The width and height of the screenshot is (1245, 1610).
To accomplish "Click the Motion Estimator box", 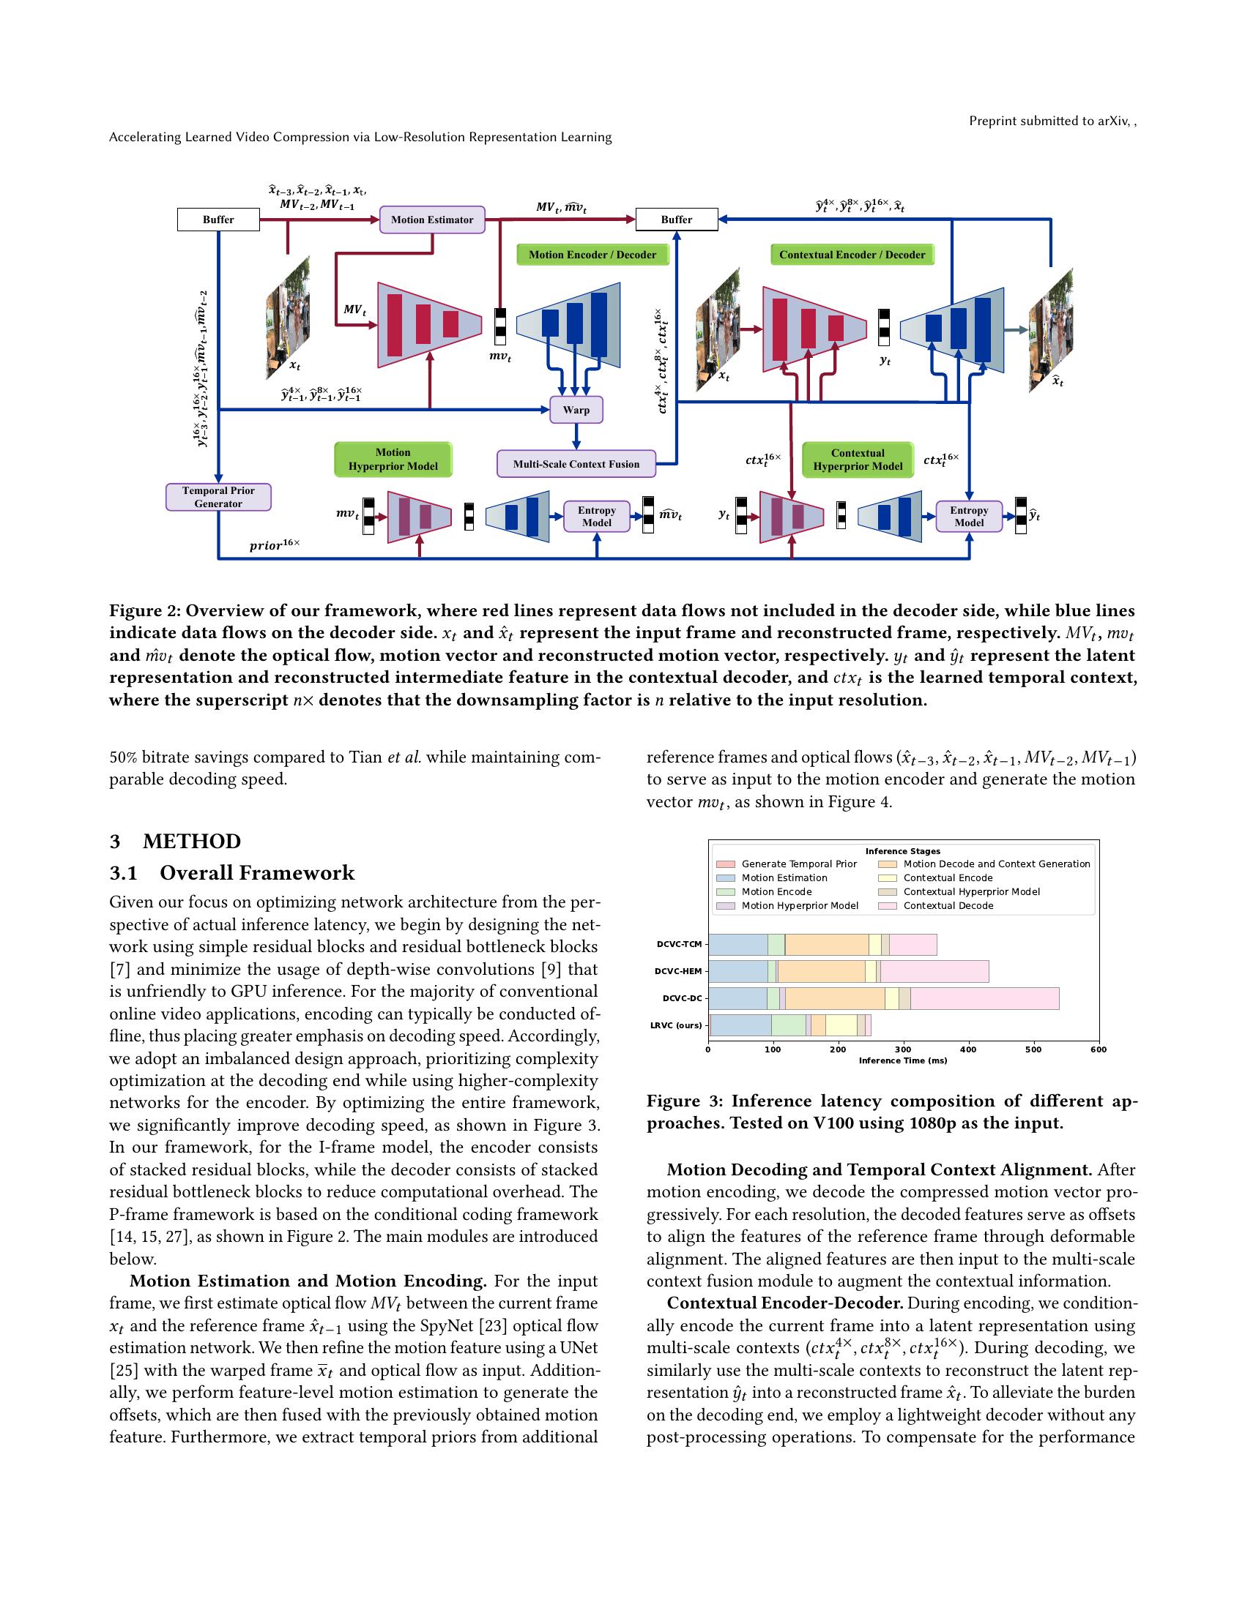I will tap(431, 220).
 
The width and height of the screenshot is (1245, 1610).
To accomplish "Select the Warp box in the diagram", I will tap(576, 410).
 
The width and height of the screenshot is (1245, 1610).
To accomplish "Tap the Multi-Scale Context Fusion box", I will tap(576, 464).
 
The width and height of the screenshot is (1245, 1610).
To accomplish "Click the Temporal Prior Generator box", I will tap(218, 497).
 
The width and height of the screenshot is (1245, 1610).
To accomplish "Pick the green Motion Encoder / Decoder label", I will tap(592, 255).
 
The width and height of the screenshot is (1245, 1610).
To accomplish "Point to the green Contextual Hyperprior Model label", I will tap(857, 460).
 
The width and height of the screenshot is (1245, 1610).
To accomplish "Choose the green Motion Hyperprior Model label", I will tap(393, 460).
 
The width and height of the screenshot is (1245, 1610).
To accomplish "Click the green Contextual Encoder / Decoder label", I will tap(852, 255).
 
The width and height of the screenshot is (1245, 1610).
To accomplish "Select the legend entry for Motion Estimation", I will tap(784, 878).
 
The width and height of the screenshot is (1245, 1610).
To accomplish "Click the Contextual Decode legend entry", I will tap(948, 906).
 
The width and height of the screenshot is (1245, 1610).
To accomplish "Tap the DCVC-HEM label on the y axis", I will tap(678, 972).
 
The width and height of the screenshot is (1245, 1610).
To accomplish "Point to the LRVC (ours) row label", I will tap(676, 1025).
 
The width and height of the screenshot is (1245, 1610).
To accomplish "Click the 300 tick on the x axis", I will tap(903, 1049).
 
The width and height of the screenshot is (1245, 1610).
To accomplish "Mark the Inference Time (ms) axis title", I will tap(903, 1061).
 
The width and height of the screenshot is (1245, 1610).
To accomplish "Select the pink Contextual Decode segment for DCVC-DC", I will tap(984, 999).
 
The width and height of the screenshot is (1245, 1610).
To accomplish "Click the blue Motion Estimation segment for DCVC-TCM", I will tap(737, 944).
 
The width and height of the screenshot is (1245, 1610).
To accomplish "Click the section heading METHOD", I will tap(192, 842).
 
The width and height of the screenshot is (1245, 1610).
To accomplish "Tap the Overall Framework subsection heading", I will tap(256, 874).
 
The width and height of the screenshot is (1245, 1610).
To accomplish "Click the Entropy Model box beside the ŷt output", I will tap(968, 516).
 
